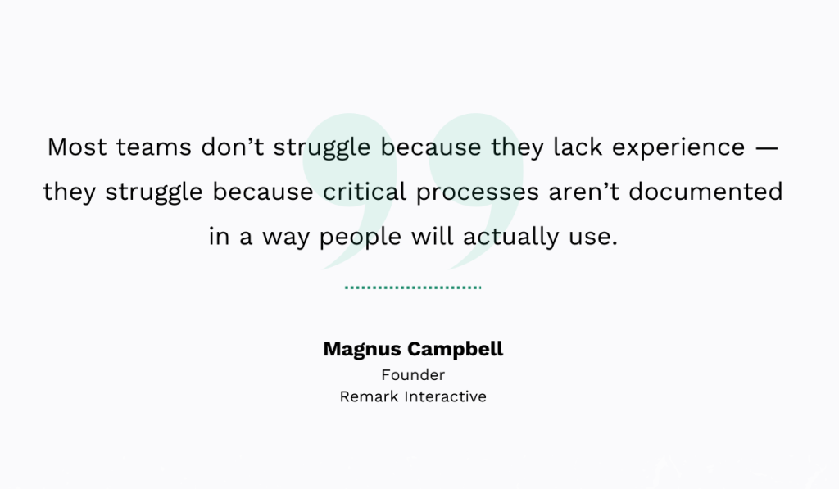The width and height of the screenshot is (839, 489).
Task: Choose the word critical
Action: [363, 192]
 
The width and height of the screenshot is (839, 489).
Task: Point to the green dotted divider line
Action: [413, 288]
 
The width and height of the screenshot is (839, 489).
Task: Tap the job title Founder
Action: [413, 375]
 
